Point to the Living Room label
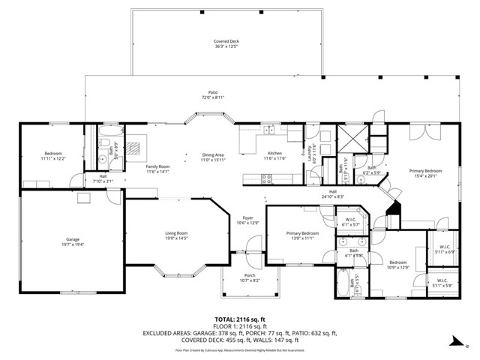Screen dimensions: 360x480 (x=176, y=235)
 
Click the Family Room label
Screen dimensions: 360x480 (x=136, y=168)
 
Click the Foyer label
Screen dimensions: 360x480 (x=247, y=220)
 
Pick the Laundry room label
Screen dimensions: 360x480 (x=308, y=153)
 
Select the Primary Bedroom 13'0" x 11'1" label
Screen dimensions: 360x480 (x=302, y=235)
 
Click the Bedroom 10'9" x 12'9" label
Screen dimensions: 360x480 (x=397, y=265)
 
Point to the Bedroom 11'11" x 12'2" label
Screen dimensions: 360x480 (x=52, y=156)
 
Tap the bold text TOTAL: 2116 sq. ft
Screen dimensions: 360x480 (x=239, y=319)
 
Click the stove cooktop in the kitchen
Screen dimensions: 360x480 (x=265, y=178)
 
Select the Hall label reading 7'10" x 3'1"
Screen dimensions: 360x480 (x=103, y=179)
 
